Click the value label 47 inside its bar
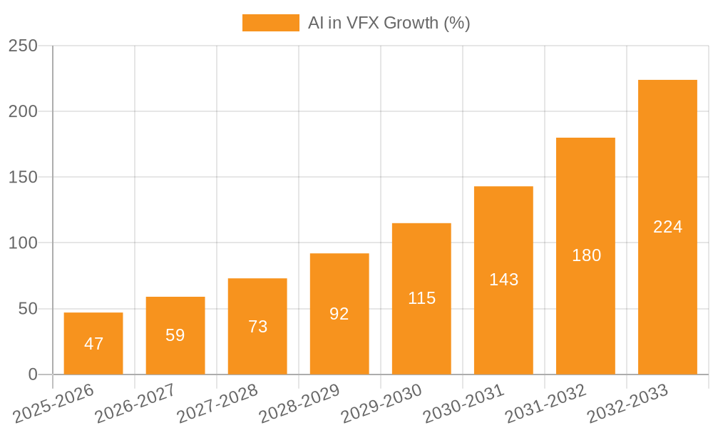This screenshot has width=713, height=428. click(93, 344)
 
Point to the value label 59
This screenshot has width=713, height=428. click(175, 335)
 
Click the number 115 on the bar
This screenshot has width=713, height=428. click(421, 298)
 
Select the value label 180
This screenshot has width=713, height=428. click(586, 255)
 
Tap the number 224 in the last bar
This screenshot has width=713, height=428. click(667, 227)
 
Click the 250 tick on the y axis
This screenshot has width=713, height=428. click(23, 46)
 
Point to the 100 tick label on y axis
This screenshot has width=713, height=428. click(23, 243)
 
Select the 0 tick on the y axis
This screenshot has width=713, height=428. click(33, 374)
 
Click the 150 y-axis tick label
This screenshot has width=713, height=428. click(23, 177)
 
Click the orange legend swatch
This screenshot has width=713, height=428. click(270, 23)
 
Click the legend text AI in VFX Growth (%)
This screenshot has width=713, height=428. click(389, 23)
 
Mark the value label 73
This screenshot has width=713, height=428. click(257, 327)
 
